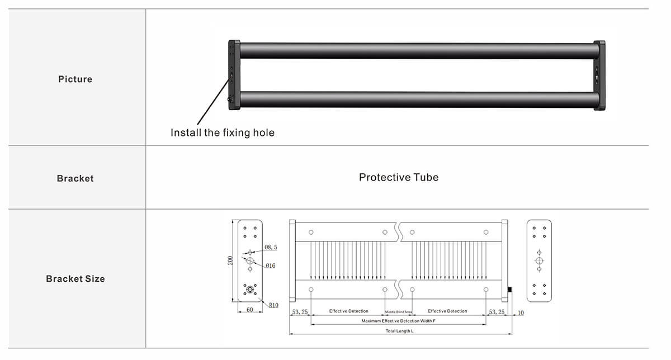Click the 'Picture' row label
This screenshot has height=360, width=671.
[75, 79]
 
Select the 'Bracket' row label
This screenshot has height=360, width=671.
[75, 179]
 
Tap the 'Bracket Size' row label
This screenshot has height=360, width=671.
[75, 279]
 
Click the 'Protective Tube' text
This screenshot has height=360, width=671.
[399, 178]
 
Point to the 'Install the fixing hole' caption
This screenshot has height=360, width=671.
[223, 133]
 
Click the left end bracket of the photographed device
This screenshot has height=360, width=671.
[234, 74]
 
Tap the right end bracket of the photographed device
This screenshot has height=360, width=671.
[599, 74]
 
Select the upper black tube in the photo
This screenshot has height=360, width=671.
[417, 51]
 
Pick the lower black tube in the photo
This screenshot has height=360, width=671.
[417, 100]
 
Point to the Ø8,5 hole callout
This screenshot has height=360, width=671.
[271, 247]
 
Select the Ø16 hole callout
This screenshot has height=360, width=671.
[270, 266]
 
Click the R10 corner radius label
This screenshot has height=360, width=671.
[273, 305]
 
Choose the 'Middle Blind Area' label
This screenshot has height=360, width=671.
[399, 311]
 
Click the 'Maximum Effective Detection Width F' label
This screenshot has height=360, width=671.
[398, 321]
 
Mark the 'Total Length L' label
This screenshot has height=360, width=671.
[399, 331]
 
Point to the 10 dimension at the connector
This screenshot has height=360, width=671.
[520, 313]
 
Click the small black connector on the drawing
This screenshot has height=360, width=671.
[510, 290]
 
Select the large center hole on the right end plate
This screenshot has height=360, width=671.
[539, 261]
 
